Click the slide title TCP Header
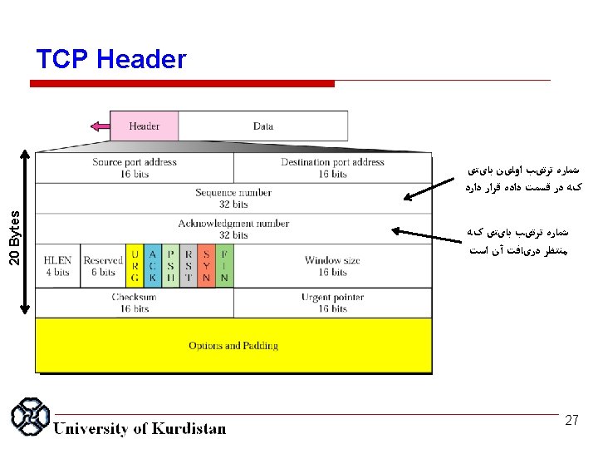[x=111, y=60]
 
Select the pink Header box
[x=145, y=126]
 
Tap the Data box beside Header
[x=263, y=126]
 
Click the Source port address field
[x=135, y=168]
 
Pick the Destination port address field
[x=332, y=168]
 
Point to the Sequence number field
[x=233, y=198]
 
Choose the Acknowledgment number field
[x=233, y=229]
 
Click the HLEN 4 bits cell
[x=58, y=266]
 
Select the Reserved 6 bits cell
[x=103, y=266]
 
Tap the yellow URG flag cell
[x=135, y=266]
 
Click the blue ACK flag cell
[x=152, y=266]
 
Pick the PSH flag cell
[x=170, y=266]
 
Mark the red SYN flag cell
[x=206, y=266]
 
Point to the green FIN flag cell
[x=224, y=266]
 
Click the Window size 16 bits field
[x=332, y=266]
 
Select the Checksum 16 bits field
[x=135, y=303]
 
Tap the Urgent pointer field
[x=332, y=303]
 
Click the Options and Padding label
[x=233, y=346]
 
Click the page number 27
[x=571, y=421]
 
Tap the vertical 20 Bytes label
[x=14, y=237]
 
